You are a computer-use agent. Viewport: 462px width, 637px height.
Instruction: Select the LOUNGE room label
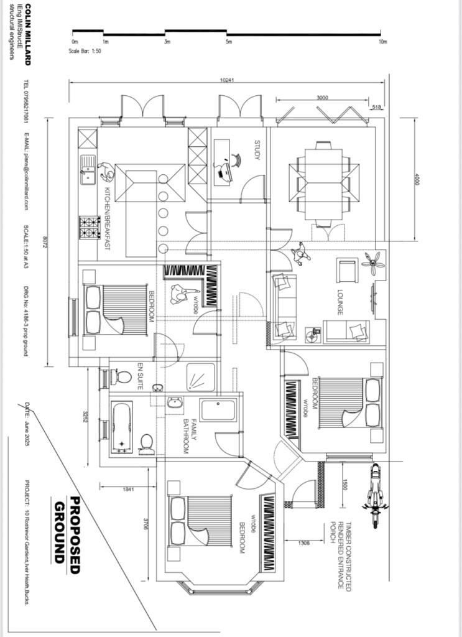point(340,302)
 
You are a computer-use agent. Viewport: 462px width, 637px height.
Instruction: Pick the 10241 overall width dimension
point(227,80)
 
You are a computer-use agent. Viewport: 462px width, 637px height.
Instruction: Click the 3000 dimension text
point(322,98)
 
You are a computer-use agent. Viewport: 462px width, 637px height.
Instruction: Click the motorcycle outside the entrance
point(374,494)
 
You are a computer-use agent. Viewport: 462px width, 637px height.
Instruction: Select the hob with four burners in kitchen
point(89,228)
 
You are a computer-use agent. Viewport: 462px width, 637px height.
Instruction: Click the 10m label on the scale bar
point(382,42)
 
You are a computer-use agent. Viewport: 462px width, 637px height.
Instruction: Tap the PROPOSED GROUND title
point(67,529)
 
